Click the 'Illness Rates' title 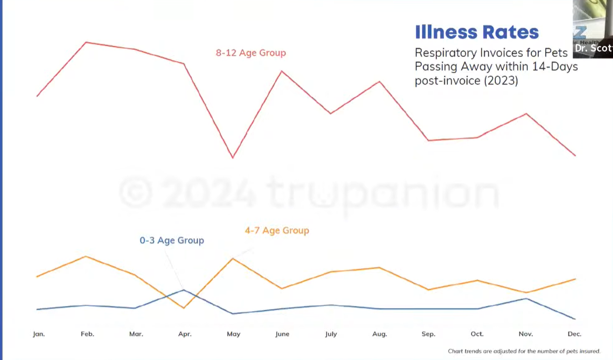[477, 32]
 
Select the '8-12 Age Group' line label [251, 53]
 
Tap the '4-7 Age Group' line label [277, 230]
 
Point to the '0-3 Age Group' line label [171, 240]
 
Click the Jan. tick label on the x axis [38, 334]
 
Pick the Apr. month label [185, 334]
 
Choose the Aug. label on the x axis [380, 334]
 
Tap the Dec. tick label [575, 334]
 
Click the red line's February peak [86, 42]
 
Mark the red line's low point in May [232, 158]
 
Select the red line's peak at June [282, 71]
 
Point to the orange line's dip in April [183, 308]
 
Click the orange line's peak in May [232, 258]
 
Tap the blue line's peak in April [183, 290]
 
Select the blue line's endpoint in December [575, 319]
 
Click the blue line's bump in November [526, 299]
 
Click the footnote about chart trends [524, 351]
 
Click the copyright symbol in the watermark [136, 192]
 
